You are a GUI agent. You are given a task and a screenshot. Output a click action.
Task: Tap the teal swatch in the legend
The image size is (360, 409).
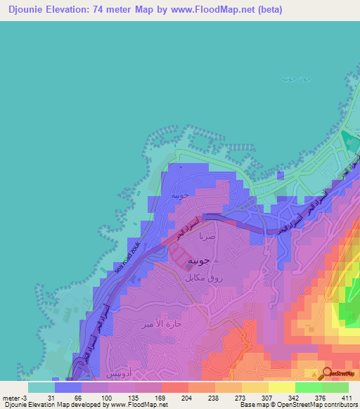pos(41,387)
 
